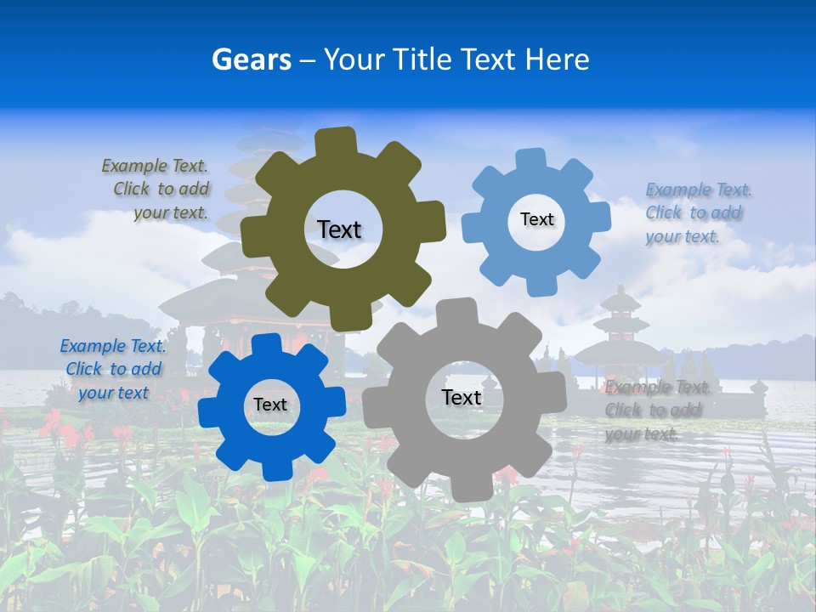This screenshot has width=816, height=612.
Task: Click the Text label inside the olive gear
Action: tap(339, 229)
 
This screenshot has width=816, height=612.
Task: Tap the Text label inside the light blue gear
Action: tap(536, 219)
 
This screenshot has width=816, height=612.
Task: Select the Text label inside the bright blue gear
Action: tap(270, 405)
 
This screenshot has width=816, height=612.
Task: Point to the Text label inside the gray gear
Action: tap(462, 397)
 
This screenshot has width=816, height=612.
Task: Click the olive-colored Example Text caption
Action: tap(156, 190)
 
